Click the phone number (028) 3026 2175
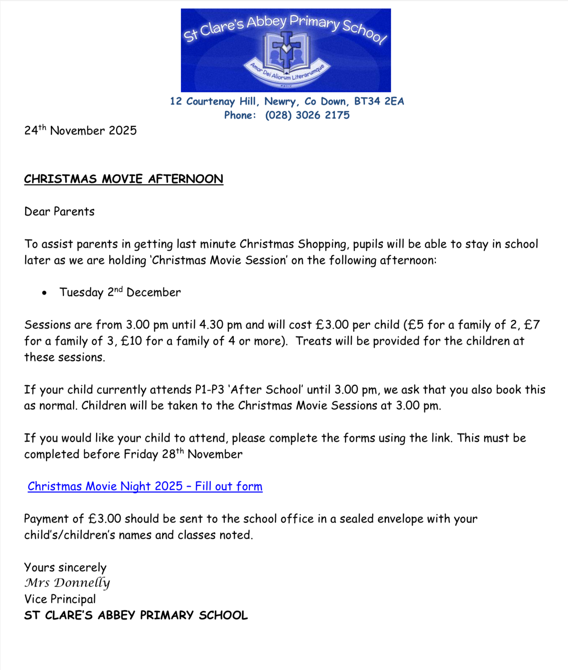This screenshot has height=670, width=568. click(307, 115)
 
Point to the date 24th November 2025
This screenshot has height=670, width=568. click(80, 131)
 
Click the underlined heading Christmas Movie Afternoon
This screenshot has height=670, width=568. click(124, 179)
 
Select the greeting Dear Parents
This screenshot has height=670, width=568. click(59, 211)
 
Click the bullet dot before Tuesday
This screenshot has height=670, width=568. click(45, 293)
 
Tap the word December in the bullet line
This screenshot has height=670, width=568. click(154, 293)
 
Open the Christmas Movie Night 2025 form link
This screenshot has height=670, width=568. click(145, 486)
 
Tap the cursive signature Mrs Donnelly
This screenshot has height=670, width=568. click(67, 583)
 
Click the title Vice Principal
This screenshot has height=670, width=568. click(60, 599)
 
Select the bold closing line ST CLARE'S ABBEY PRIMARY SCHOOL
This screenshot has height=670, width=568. click(136, 615)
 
